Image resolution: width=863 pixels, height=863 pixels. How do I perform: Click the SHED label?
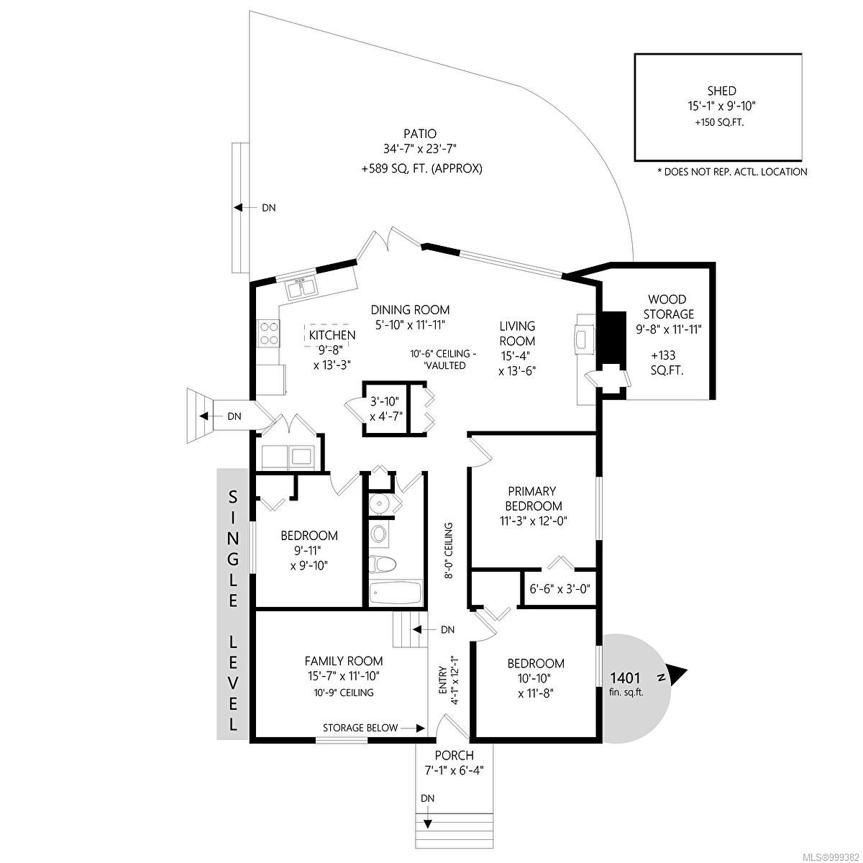(721, 91)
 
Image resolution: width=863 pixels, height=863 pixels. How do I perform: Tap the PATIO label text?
(419, 134)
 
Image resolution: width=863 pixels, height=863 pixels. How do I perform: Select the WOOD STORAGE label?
(668, 306)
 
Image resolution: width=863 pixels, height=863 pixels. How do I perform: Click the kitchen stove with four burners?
(268, 333)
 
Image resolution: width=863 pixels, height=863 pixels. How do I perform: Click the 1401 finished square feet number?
(625, 677)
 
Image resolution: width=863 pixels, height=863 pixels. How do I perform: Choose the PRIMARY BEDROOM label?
(533, 498)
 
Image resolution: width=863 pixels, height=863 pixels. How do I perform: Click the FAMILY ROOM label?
(344, 661)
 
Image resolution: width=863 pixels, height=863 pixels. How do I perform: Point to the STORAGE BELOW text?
(360, 728)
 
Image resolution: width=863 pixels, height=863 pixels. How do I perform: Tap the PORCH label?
(454, 755)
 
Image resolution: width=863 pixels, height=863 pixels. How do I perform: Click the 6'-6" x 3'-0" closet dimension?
(560, 588)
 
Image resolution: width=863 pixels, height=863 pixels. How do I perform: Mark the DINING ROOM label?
(410, 309)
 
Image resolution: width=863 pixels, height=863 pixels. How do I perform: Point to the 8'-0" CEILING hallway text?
(448, 550)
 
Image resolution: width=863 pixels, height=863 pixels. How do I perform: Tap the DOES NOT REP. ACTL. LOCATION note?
(732, 172)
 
